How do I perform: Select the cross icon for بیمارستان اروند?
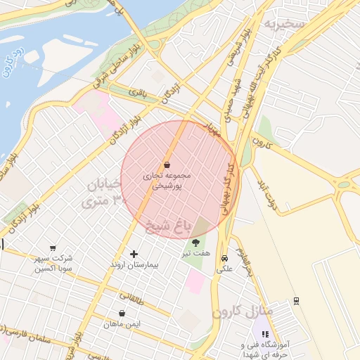coord(134,254)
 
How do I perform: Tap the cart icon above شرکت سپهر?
coord(53,248)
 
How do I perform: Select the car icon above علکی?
coord(224,257)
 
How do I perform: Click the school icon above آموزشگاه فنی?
coord(265,335)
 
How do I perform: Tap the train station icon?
coord(297,300)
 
